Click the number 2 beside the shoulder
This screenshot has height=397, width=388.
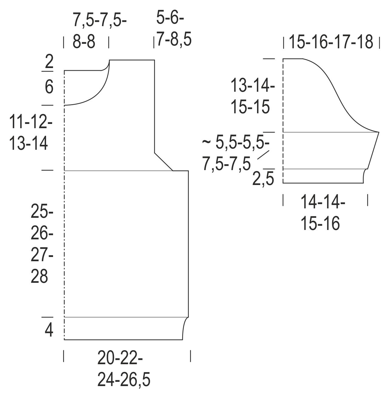pos(49,62)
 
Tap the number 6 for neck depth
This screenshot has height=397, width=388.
pos(49,87)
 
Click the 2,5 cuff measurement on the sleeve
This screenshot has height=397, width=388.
pos(263,179)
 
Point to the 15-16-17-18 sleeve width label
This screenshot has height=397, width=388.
pos(331,42)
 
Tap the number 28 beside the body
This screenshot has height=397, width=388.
pos(39,276)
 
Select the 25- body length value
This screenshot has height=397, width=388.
pos(42,212)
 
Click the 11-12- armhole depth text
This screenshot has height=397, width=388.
pos(31,122)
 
